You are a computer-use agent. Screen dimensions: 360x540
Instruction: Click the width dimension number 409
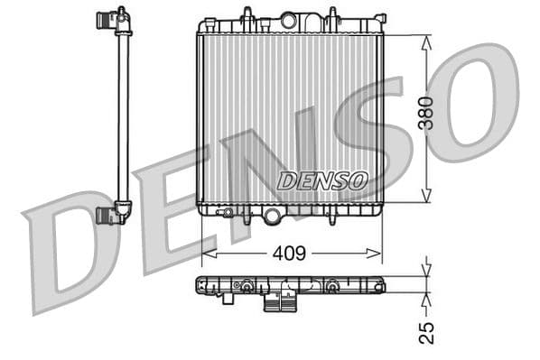[289, 254]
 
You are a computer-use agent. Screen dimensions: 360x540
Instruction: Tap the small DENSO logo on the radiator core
[321, 180]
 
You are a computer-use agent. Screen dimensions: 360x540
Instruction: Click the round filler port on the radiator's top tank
[289, 19]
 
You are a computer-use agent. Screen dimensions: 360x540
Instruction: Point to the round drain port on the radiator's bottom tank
[272, 216]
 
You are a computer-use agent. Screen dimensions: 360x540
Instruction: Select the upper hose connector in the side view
[112, 19]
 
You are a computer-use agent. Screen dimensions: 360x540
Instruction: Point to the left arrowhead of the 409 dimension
[207, 254]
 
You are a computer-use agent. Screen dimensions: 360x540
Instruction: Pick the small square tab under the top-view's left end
[228, 299]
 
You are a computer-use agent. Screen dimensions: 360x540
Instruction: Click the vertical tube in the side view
[123, 117]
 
